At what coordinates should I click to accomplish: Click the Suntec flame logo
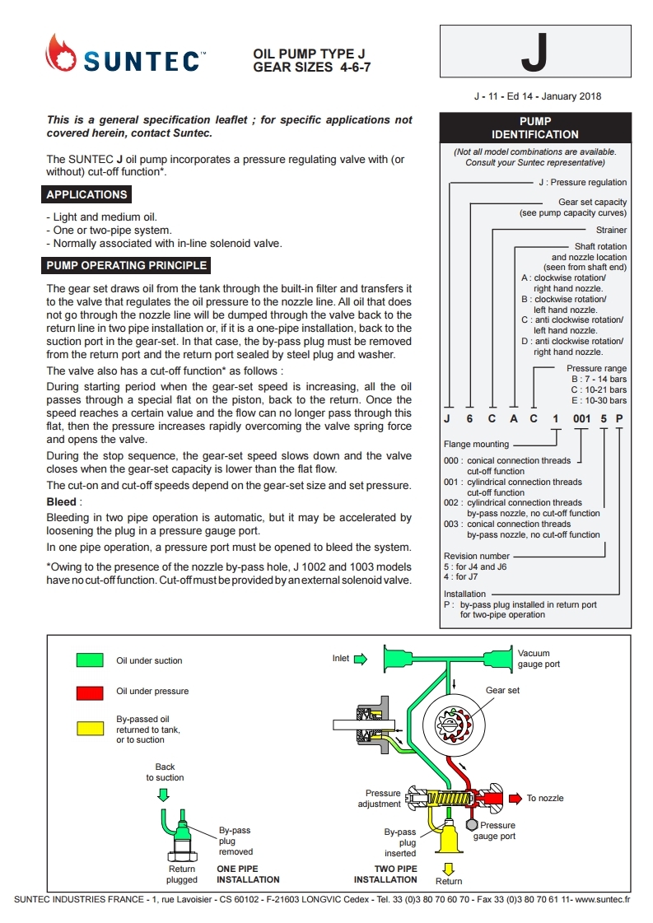[x=59, y=54]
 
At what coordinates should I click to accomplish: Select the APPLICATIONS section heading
[x=87, y=195]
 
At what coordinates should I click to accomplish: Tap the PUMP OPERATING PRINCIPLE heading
[x=127, y=266]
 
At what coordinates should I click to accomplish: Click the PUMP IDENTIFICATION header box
[x=534, y=128]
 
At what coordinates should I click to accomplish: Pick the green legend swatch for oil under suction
[x=90, y=660]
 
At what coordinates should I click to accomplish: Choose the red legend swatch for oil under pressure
[x=90, y=692]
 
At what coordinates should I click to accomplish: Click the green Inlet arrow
[x=360, y=659]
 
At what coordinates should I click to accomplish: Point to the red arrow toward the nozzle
[x=514, y=798]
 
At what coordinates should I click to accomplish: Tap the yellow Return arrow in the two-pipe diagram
[x=449, y=868]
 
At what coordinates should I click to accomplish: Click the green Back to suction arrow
[x=163, y=795]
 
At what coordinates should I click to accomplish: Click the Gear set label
[x=502, y=690]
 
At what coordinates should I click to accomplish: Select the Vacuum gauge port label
[x=539, y=659]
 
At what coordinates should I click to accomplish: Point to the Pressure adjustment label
[x=381, y=799]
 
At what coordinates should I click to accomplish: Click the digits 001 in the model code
[x=582, y=419]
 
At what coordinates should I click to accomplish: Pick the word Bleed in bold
[x=62, y=501]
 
